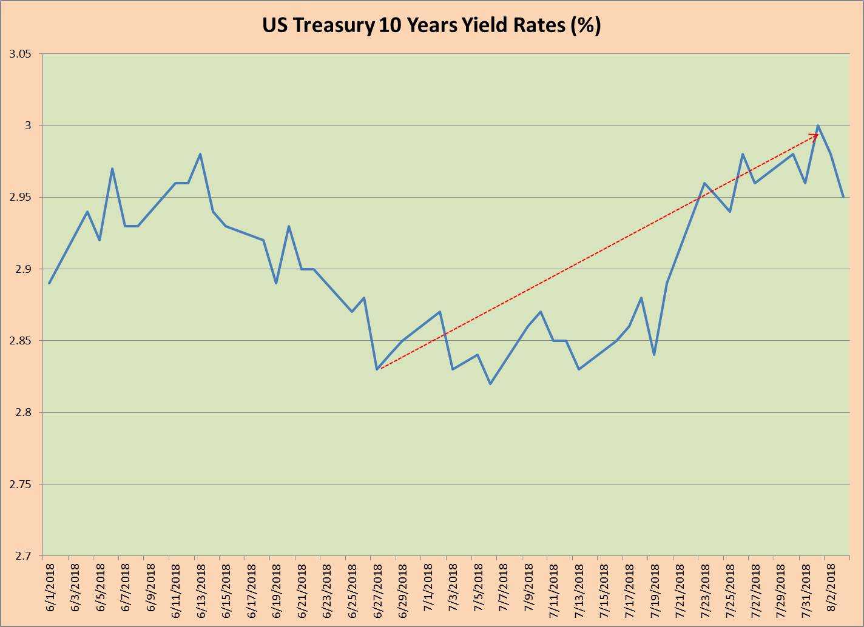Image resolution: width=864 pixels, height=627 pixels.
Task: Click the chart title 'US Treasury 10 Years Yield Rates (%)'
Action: pyautogui.click(x=431, y=25)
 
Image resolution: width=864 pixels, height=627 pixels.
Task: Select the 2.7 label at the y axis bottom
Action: pyautogui.click(x=23, y=555)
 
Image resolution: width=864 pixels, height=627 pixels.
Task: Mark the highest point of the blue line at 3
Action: pyautogui.click(x=818, y=126)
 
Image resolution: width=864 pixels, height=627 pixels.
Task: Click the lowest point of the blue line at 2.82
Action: pyautogui.click(x=490, y=384)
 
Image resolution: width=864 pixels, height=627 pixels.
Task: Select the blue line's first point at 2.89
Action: pyautogui.click(x=50, y=283)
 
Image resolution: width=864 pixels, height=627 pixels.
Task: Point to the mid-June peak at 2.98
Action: pyautogui.click(x=200, y=154)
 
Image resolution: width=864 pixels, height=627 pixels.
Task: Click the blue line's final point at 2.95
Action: pyautogui.click(x=843, y=197)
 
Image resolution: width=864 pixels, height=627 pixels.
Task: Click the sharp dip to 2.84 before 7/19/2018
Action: pyautogui.click(x=654, y=355)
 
